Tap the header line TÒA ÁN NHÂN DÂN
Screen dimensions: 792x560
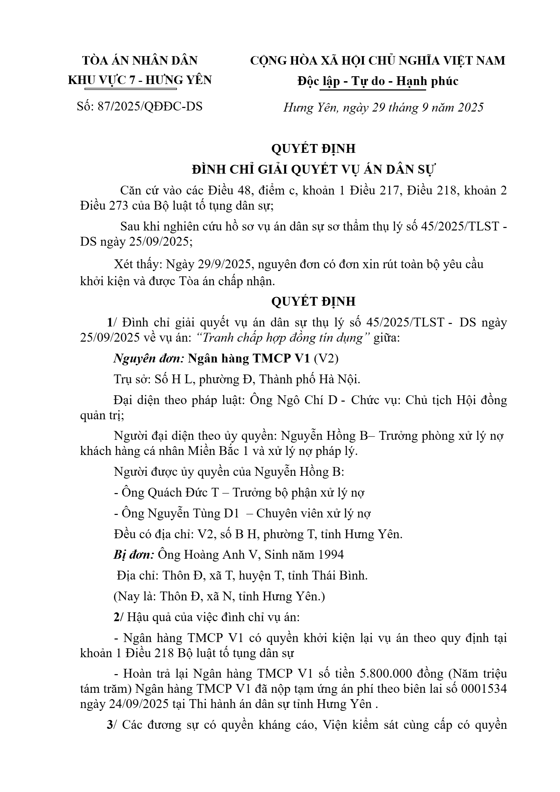[x=140, y=61]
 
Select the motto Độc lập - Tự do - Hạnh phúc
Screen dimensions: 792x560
[x=377, y=81]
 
